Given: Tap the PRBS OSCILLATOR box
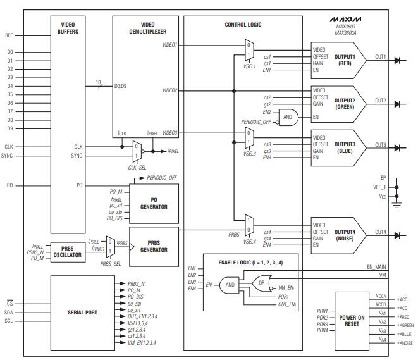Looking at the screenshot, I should pyautogui.click(x=66, y=251).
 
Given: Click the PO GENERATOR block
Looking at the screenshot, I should pyautogui.click(x=154, y=202).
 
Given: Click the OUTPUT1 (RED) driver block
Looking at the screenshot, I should pyautogui.click(x=338, y=59).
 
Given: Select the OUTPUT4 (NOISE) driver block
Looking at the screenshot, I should pyautogui.click(x=338, y=235).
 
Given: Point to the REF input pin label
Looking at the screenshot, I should pyautogui.click(x=9, y=35).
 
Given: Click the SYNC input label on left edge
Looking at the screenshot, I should pyautogui.click(x=8, y=156).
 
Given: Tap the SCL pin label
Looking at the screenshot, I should pyautogui.click(x=9, y=321).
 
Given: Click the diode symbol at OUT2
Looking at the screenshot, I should pyautogui.click(x=398, y=104).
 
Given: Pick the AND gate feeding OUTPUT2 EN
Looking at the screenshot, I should pyautogui.click(x=288, y=117).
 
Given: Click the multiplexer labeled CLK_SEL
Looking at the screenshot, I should pyautogui.click(x=136, y=151).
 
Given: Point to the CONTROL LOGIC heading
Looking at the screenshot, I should pyautogui.click(x=243, y=25).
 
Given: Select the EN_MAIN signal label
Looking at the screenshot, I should pyautogui.click(x=375, y=268).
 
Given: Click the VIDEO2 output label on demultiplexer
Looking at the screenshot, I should pyautogui.click(x=169, y=90).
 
